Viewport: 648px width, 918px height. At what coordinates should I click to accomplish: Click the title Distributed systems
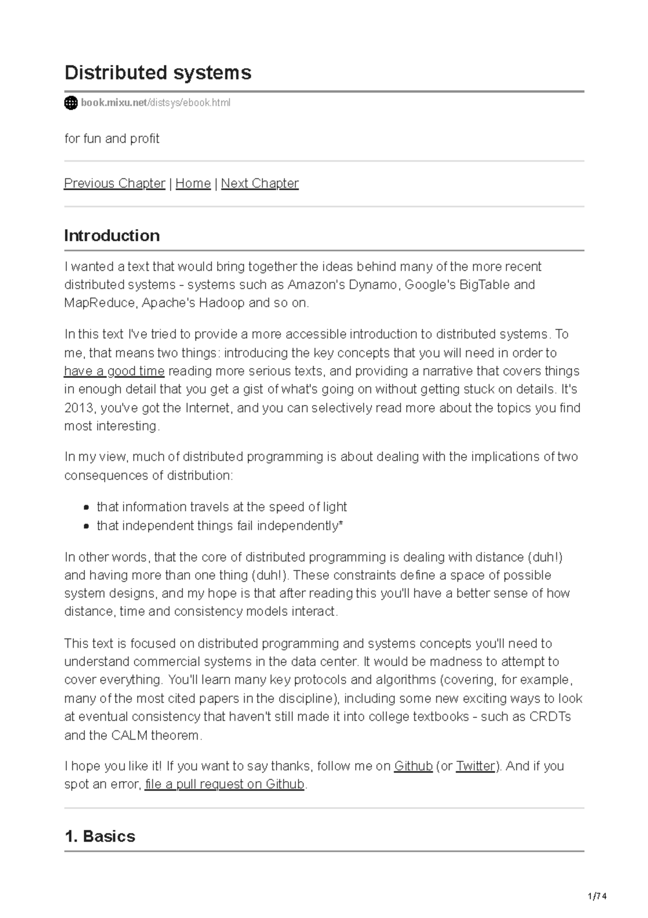pos(158,72)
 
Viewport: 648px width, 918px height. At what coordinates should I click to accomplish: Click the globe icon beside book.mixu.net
pos(71,103)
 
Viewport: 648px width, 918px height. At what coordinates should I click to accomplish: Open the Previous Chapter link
pos(114,183)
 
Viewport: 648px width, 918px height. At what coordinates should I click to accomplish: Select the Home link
pos(193,183)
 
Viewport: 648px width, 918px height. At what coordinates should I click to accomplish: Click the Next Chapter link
pos(260,183)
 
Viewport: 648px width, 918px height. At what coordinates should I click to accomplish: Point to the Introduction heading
pos(112,236)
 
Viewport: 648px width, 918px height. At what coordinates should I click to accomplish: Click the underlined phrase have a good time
pos(114,371)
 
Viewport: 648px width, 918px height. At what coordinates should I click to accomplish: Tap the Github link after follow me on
pos(413,766)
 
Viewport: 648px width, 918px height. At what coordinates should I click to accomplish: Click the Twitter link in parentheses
pos(475,766)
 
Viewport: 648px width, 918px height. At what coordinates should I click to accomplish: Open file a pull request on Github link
pos(225,784)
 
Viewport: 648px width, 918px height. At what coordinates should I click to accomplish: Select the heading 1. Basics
pos(99,836)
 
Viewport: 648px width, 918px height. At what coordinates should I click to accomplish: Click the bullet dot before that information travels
pos(86,508)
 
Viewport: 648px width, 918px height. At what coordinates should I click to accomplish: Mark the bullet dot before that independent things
pos(86,526)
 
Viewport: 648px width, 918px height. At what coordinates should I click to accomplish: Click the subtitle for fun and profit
pos(112,139)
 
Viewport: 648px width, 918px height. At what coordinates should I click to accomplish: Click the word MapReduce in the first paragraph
pos(99,303)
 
